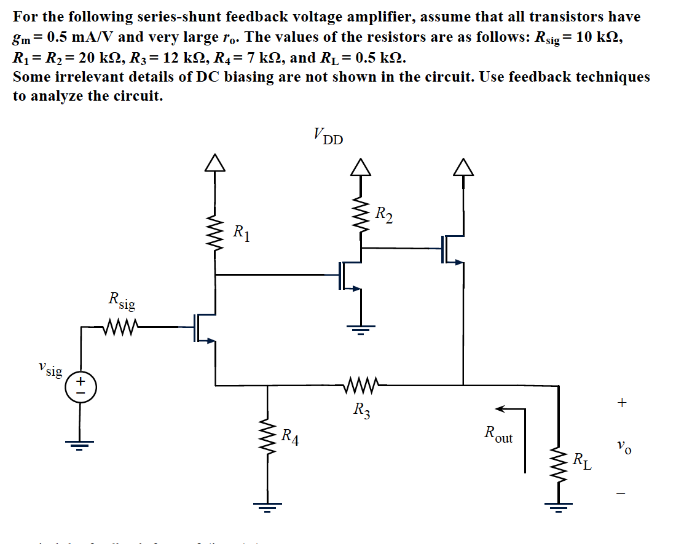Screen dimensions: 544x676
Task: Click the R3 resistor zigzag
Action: pyautogui.click(x=362, y=386)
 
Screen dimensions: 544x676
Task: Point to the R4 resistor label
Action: pyautogui.click(x=289, y=437)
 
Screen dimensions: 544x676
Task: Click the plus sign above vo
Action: pyautogui.click(x=622, y=403)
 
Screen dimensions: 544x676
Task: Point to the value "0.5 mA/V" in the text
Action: pyautogui.click(x=78, y=37)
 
